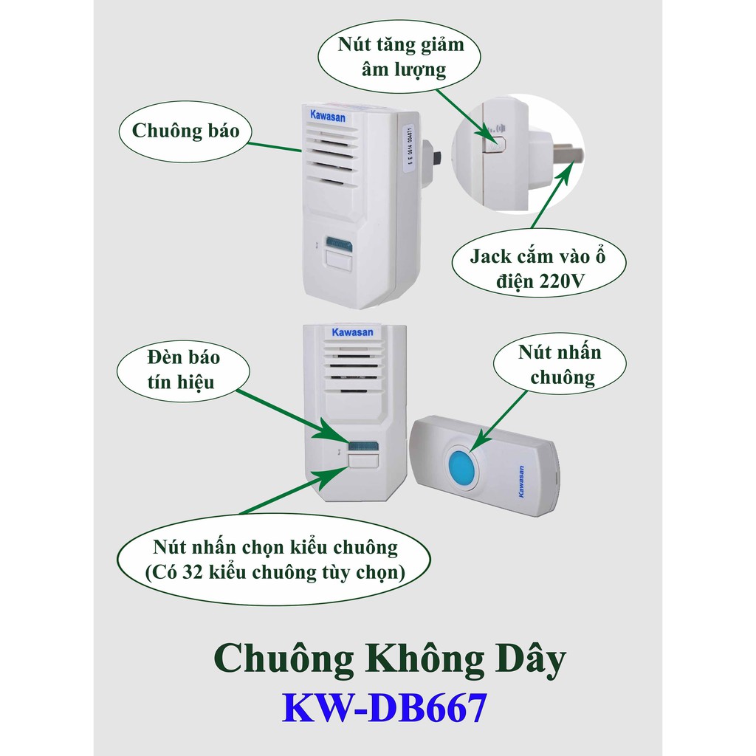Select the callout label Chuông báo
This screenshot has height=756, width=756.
click(x=186, y=131)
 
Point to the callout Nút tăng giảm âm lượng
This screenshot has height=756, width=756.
click(x=402, y=58)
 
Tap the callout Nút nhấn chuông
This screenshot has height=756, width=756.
click(x=560, y=365)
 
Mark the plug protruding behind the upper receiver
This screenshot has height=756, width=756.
click(x=436, y=157)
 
